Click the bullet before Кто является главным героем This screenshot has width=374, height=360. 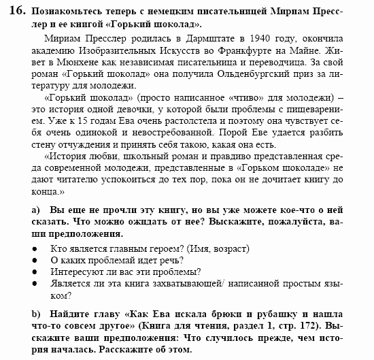pos(35,249)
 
